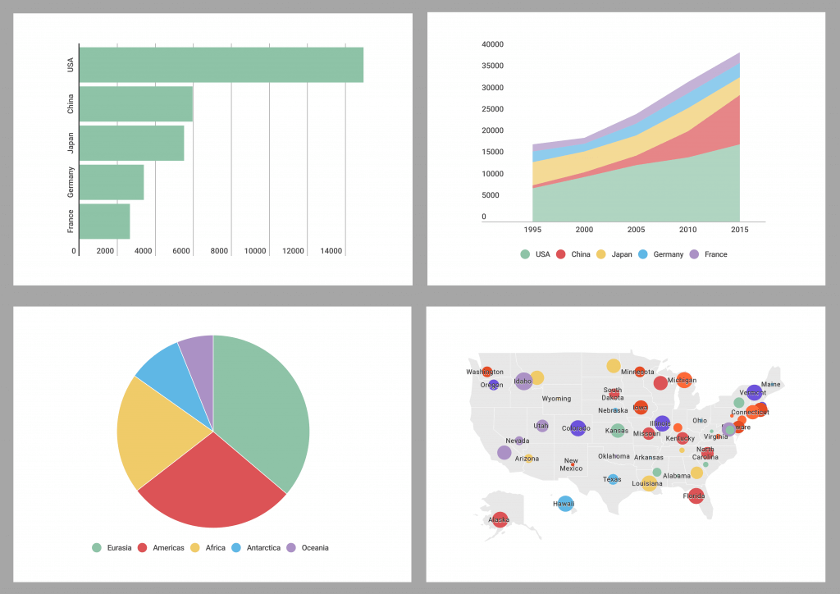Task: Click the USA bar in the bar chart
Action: coord(221,65)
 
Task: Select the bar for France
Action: coord(104,222)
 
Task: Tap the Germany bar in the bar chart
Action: coord(112,182)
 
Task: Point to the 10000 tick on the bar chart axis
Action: coord(255,251)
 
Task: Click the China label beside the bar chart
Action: coord(71,104)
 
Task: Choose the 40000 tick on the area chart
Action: coord(493,44)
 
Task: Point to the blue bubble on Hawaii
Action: coord(565,503)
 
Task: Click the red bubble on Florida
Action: coord(696,496)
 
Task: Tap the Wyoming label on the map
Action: coord(556,399)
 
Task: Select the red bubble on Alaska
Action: coord(500,519)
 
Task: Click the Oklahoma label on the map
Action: coord(614,456)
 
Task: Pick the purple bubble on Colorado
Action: coord(577,427)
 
